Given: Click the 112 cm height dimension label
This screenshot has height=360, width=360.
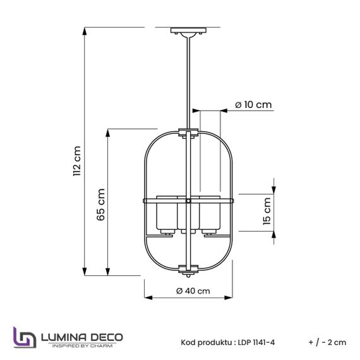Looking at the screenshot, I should [x=77, y=160].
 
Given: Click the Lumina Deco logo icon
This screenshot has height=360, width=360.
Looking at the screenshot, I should [x=23, y=337].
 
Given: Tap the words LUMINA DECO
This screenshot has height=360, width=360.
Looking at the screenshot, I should [x=81, y=335].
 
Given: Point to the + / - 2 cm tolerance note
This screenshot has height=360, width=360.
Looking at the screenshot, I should [x=328, y=342].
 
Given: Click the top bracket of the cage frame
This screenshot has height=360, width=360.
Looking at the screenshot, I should [x=188, y=132].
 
